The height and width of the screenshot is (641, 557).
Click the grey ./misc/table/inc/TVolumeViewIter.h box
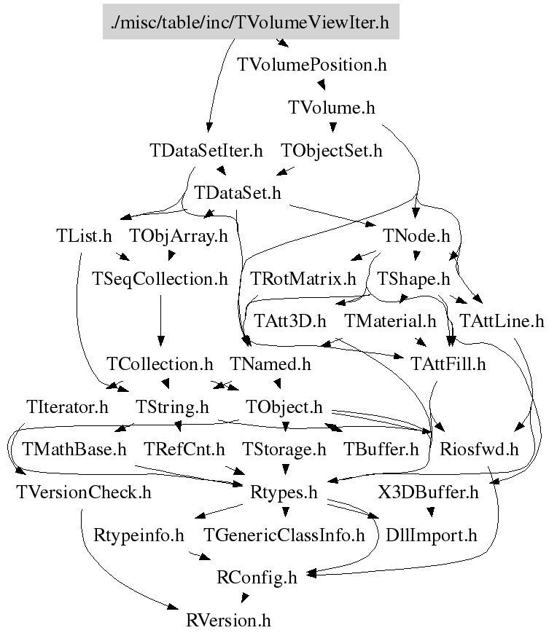coord(250,23)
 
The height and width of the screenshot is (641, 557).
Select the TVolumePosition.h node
coord(312,65)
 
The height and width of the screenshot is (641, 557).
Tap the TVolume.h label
coord(332,108)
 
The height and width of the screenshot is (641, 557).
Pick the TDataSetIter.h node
coord(206,151)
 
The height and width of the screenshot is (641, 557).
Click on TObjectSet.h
coord(332,151)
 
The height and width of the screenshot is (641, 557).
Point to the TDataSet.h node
coord(238,193)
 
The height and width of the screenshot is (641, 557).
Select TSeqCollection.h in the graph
coord(160,278)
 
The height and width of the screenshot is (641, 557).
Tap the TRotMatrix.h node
coord(303,278)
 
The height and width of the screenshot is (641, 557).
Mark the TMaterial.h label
coord(389,320)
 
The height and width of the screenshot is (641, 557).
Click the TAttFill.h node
coord(448,363)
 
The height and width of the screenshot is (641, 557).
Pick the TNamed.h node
coord(270,363)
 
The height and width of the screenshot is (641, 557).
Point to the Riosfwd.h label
coord(479,449)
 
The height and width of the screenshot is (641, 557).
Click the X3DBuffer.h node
coord(428,492)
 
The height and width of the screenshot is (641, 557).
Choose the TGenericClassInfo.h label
coord(284,535)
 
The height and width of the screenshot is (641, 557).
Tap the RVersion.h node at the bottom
coord(229,621)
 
